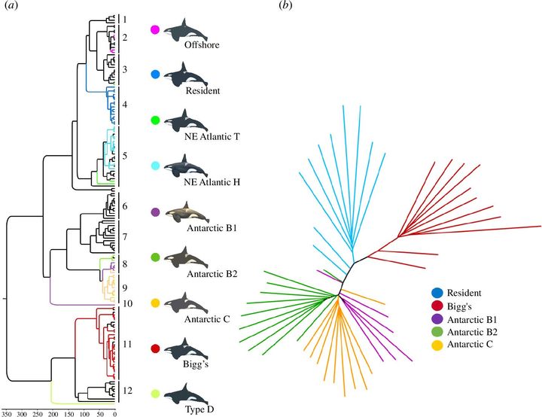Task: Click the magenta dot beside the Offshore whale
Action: pos(155,30)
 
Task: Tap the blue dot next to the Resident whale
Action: pos(155,75)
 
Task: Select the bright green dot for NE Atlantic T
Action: pos(155,120)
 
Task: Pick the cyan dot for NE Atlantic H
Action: pos(155,166)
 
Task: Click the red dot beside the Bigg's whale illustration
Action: pos(155,349)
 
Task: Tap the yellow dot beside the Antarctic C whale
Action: pos(155,303)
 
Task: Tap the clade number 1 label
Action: pos(125,19)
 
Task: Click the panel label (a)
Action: pos(12,7)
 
